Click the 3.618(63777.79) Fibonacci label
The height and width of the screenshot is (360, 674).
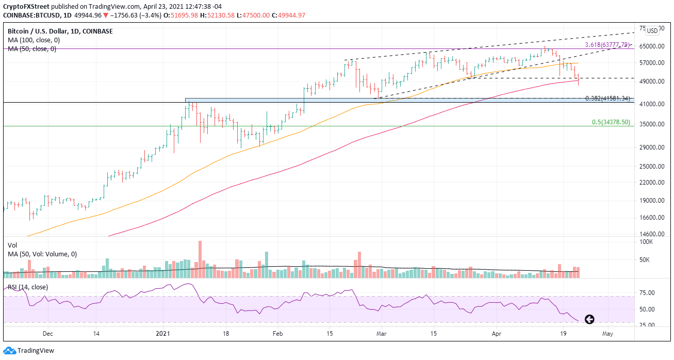(x=607, y=45)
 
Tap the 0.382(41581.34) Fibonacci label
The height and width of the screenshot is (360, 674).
(x=607, y=98)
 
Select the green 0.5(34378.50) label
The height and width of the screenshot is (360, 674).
(x=611, y=122)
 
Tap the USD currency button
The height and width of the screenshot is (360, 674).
(x=652, y=31)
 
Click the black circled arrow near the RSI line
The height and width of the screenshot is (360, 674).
(x=589, y=319)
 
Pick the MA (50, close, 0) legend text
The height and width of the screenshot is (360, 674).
(x=32, y=49)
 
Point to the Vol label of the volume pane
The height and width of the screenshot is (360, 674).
(x=12, y=246)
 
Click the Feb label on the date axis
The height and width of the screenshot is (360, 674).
(x=278, y=334)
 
